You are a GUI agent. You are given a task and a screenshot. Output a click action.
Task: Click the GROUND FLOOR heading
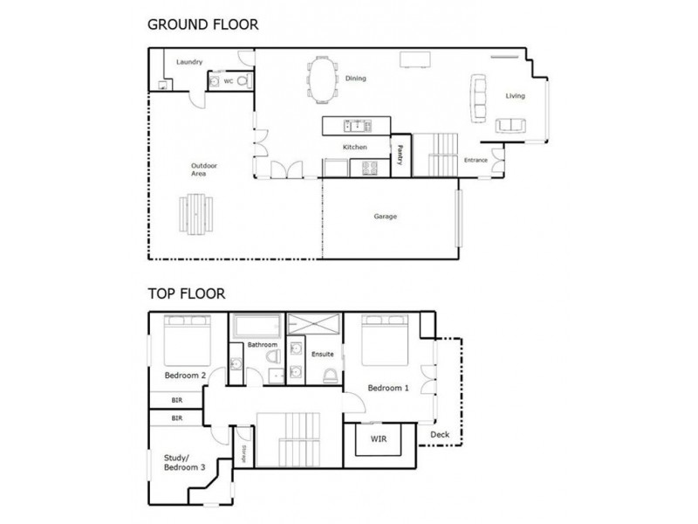click(x=202, y=24)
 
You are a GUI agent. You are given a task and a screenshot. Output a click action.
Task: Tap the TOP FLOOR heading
click(x=187, y=294)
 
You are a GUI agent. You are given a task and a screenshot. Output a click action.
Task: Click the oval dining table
click(x=322, y=79)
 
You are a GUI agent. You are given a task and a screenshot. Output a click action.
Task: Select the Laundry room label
click(x=189, y=62)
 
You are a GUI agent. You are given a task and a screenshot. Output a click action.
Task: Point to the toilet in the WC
click(x=244, y=81)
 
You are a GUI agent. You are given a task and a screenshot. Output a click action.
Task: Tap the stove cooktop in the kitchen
click(x=369, y=168)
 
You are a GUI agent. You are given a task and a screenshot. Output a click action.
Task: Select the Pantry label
click(x=400, y=155)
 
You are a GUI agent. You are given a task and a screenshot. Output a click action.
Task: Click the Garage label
click(x=385, y=217)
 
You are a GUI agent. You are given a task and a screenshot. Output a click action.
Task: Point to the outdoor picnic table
click(x=195, y=214)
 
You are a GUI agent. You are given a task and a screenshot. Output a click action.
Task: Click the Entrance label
click(x=476, y=161)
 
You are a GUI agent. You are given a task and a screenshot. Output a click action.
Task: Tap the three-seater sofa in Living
click(x=478, y=98)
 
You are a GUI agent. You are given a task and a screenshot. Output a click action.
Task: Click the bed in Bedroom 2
click(x=188, y=341)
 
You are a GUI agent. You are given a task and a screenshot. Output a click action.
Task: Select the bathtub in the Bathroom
click(x=257, y=327)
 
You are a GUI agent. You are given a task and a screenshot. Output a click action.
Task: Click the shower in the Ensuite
click(x=313, y=324)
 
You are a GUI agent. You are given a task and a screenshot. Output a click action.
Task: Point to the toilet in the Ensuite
click(x=330, y=376)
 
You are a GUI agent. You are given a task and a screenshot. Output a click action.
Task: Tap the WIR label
click(x=379, y=439)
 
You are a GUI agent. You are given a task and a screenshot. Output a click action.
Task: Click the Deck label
click(x=440, y=434)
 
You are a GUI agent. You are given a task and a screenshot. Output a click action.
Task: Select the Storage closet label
click(x=243, y=453)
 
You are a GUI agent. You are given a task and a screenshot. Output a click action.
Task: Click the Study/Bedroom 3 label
click(x=184, y=463)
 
